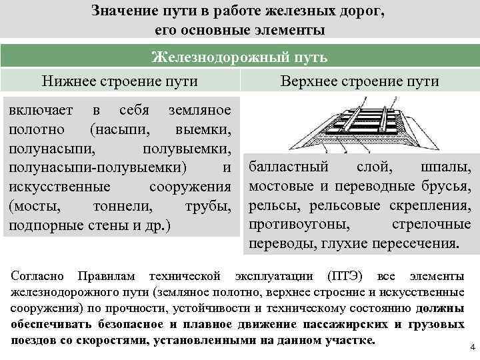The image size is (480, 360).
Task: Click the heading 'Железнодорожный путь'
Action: (240, 57)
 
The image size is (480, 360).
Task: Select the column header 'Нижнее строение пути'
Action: (120, 81)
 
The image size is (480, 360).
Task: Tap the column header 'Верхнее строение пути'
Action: (360, 81)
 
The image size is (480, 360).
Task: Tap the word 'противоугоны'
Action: (293, 224)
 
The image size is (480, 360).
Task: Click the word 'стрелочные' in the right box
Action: (433, 224)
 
